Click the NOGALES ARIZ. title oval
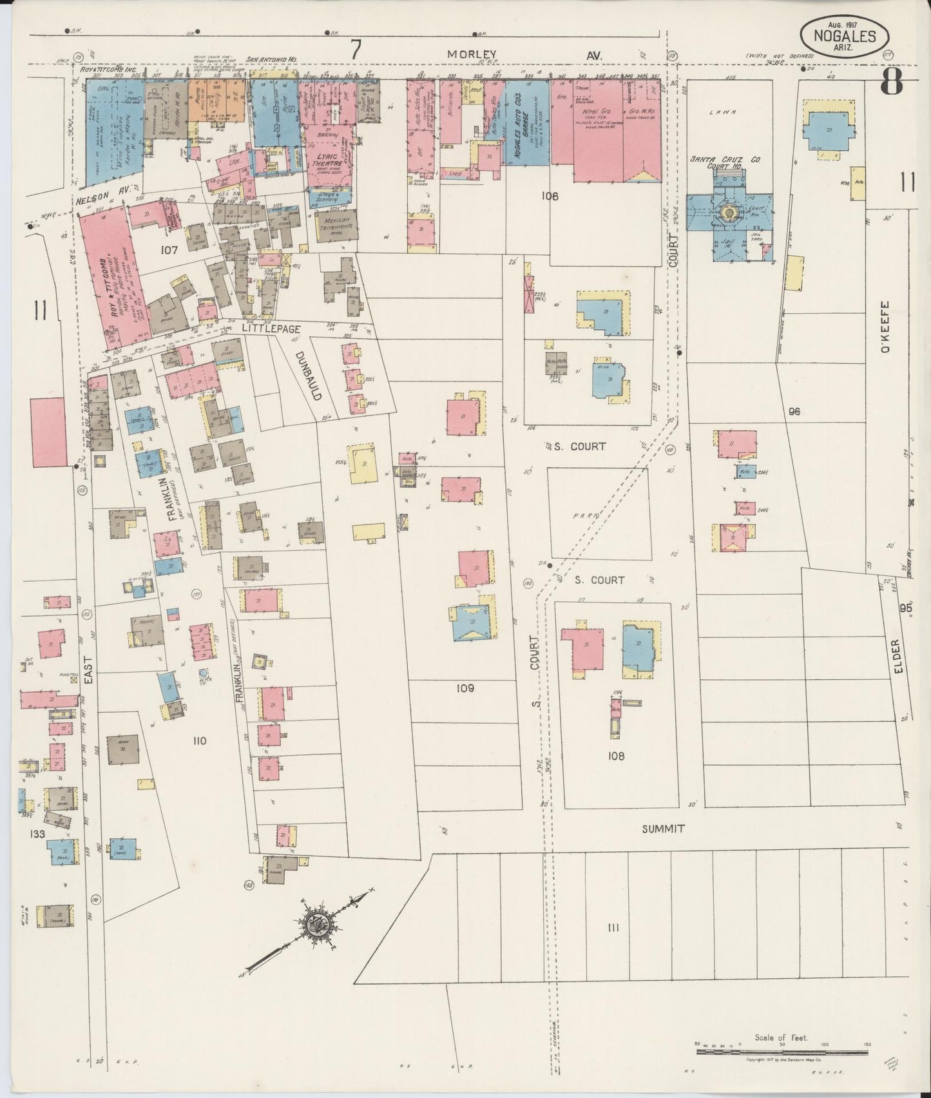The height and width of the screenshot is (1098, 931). pos(847,35)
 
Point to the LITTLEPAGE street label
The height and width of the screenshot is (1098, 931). pos(264,328)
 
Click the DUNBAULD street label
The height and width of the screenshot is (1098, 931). pos(308,376)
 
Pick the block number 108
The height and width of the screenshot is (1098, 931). pos(615,756)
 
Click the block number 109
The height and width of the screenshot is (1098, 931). pos(465,688)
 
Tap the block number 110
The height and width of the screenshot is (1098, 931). pos(198,741)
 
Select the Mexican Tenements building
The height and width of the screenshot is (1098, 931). pos(336,226)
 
